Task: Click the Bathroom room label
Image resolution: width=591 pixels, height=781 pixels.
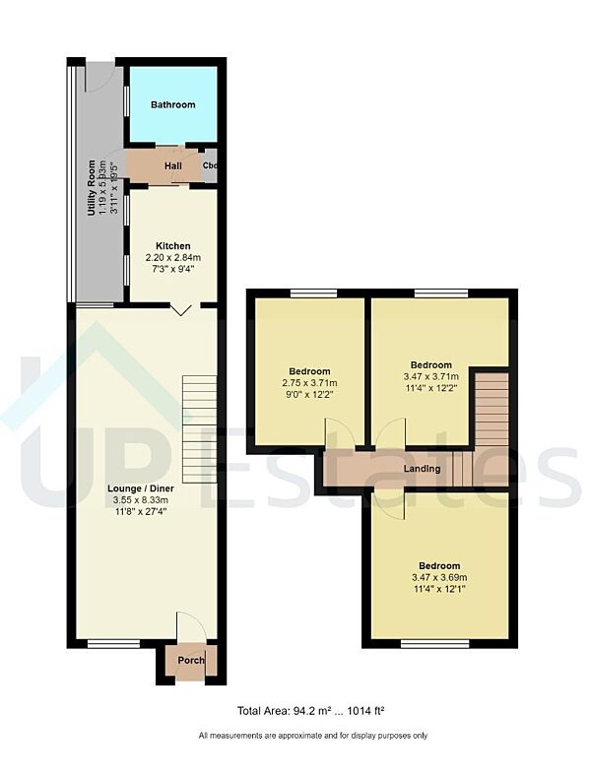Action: [172, 104]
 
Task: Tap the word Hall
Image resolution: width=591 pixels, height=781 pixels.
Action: [172, 165]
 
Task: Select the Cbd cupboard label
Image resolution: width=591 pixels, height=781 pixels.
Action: [210, 165]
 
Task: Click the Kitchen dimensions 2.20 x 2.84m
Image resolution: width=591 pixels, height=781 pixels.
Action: [172, 258]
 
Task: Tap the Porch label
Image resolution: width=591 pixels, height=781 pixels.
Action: [191, 660]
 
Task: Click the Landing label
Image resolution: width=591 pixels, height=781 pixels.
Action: [423, 468]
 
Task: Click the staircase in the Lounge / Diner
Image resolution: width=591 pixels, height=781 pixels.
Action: [200, 414]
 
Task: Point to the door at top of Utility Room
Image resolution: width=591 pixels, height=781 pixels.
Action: [99, 76]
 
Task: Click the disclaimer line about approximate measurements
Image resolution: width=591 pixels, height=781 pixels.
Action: [312, 736]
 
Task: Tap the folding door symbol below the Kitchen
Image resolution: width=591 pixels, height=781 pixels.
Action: [181, 310]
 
